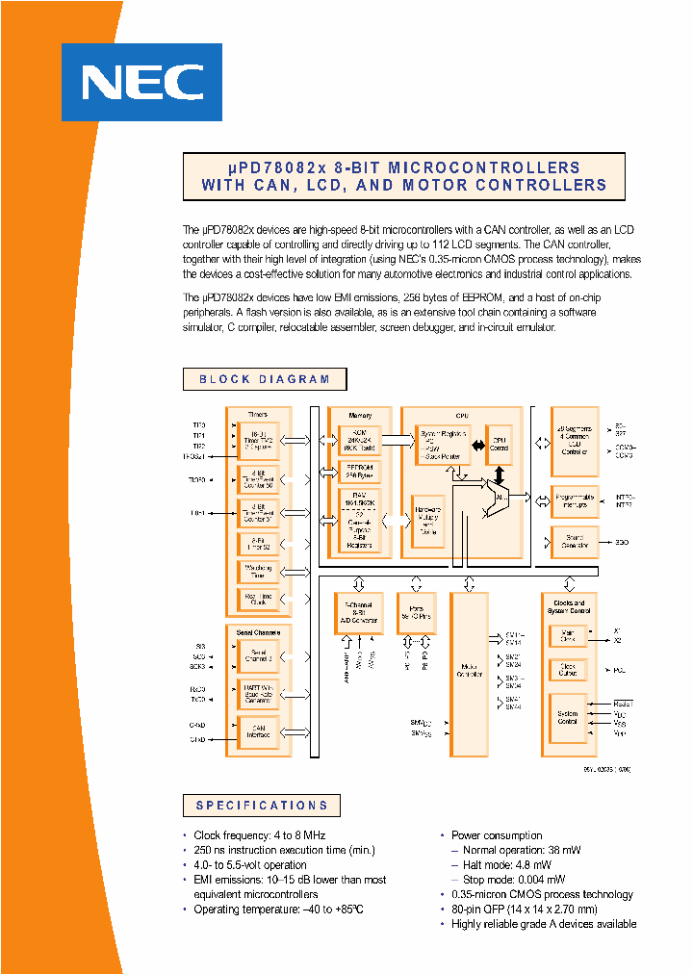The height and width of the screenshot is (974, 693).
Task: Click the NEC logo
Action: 141,82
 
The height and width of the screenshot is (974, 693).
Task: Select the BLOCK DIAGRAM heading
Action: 264,379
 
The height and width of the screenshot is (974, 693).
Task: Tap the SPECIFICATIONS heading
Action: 262,806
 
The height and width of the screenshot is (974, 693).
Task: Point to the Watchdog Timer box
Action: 258,572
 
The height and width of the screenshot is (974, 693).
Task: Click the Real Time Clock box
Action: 258,600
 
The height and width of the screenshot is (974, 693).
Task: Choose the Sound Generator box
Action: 575,542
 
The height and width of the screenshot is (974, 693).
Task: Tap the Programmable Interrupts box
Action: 575,500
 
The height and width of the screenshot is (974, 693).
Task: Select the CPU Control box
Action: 499,445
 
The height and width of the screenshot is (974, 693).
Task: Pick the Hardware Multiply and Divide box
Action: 428,521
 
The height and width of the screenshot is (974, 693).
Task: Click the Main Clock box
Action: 568,636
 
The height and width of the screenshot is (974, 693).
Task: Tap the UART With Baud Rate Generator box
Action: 258,695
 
